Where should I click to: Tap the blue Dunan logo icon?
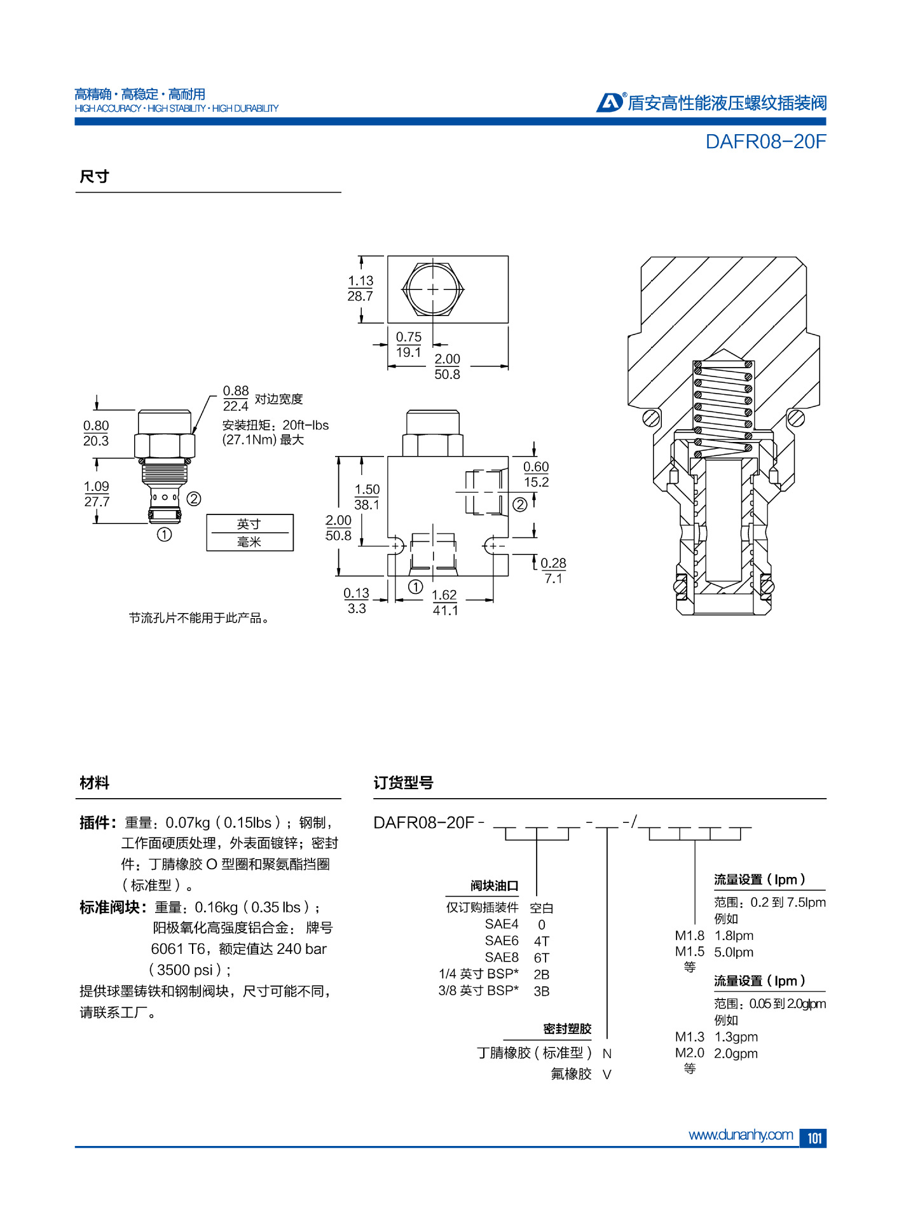[x=610, y=102]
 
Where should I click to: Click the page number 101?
[x=813, y=1138]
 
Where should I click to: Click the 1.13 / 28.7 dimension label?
[x=360, y=289]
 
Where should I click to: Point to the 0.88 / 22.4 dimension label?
[x=235, y=399]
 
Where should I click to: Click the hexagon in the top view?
[x=433, y=289]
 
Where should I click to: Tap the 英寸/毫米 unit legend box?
[x=250, y=532]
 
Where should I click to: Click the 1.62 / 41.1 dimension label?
[x=444, y=602]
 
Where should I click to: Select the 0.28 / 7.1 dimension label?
[x=553, y=570]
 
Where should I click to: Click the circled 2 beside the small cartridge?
[x=194, y=499]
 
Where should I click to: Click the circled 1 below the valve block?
[x=415, y=586]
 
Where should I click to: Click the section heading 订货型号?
[x=403, y=783]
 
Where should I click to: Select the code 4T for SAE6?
[x=542, y=941]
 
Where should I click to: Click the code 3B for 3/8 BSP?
[x=542, y=991]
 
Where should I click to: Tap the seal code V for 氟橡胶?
[x=607, y=1075]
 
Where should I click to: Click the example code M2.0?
[x=689, y=1053]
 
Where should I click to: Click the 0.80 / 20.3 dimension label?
[x=96, y=433]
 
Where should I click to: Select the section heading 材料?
[x=94, y=783]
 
